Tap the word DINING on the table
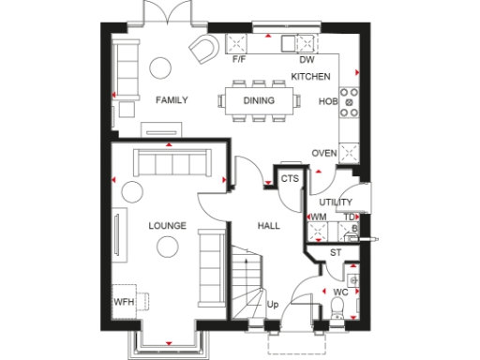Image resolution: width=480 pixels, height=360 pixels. tap(258, 99)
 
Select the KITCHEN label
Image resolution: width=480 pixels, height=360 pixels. tap(309, 76)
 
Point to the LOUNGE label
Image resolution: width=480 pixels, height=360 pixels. tap(167, 226)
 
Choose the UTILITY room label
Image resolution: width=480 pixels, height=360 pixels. tap(335, 202)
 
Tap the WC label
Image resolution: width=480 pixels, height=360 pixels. tap(341, 292)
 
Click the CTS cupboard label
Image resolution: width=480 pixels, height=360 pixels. tap(290, 177)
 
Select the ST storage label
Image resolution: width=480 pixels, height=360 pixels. tap(336, 253)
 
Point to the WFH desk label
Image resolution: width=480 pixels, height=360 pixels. tap(124, 302)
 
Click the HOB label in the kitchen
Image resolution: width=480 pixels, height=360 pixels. tap(328, 100)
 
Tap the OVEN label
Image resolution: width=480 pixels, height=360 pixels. tap(324, 154)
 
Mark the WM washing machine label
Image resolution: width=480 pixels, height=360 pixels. tap(318, 217)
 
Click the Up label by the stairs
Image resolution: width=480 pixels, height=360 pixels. tap(273, 305)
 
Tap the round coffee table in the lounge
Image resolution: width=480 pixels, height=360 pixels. tap(169, 247)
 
